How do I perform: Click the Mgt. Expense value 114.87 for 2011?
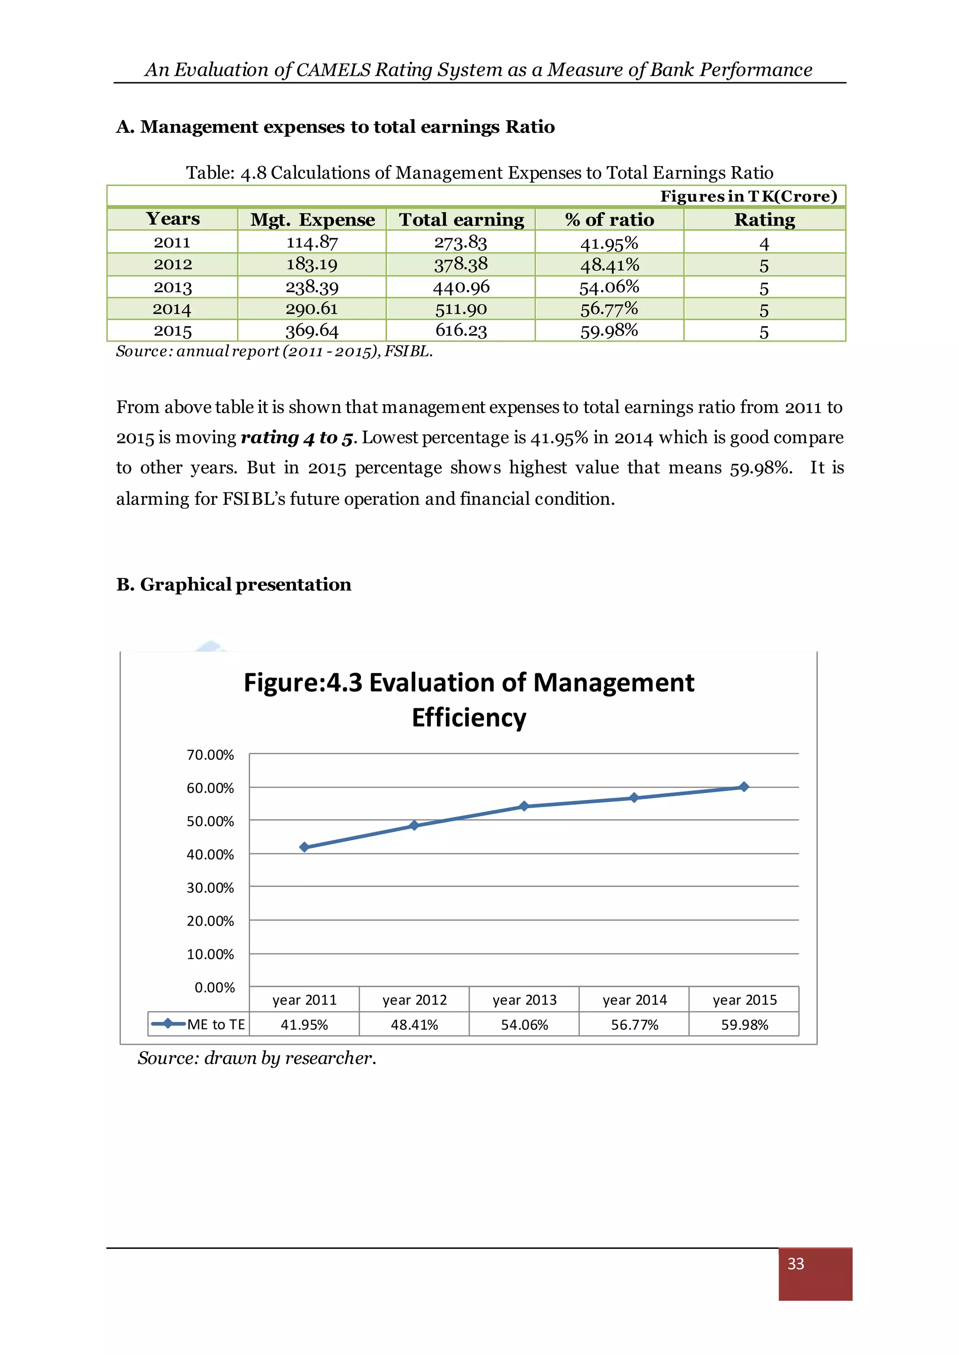pos(312,242)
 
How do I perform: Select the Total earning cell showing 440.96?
pos(461,287)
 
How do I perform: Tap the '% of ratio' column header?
pos(609,219)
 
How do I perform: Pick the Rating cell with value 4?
pos(764,244)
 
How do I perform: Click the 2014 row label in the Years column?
pos(172,309)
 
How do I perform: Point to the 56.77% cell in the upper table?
pos(609,309)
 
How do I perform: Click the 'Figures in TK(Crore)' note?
pos(748,197)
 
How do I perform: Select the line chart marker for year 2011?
pos(304,847)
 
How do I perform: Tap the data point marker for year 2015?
pos(744,787)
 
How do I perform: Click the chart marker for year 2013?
pos(524,806)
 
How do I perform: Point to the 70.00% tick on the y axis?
pos(210,755)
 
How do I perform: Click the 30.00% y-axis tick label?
pos(210,888)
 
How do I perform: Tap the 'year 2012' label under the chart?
pos(414,1000)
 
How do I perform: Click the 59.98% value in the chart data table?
pos(744,1025)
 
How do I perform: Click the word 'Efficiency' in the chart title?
pos(469,718)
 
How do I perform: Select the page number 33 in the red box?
pos(796,1263)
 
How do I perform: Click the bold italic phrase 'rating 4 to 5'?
pos(296,437)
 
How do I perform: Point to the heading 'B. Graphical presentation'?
pos(234,584)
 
